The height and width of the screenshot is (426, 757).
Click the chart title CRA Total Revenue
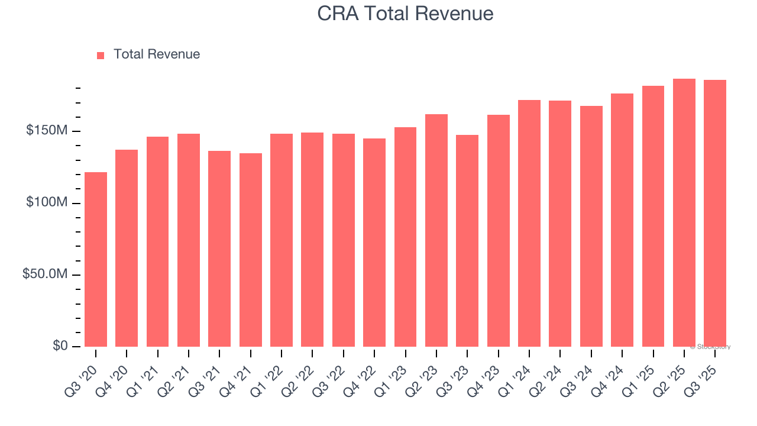(405, 13)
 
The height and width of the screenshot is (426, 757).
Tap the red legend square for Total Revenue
(101, 55)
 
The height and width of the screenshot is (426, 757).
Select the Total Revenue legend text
(157, 54)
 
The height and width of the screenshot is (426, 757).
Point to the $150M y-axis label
(47, 131)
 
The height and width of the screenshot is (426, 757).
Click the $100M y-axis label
(47, 203)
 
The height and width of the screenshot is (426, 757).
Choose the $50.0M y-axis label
(45, 275)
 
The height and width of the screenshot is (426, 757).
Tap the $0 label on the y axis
(60, 346)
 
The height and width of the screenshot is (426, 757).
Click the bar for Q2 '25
(684, 213)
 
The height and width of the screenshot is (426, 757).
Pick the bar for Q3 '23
(467, 241)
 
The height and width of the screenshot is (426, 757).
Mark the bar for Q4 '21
(251, 250)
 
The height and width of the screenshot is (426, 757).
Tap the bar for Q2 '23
(436, 230)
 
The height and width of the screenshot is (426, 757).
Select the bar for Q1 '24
(529, 223)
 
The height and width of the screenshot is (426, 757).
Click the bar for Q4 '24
(622, 220)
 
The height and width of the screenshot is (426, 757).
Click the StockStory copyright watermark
(710, 347)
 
